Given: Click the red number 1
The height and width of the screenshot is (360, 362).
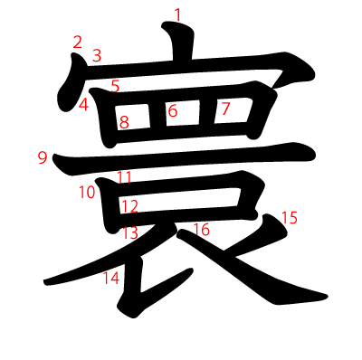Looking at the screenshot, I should click(177, 14).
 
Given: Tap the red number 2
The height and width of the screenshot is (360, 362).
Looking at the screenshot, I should click(77, 42).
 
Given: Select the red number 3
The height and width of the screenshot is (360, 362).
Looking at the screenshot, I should click(97, 56).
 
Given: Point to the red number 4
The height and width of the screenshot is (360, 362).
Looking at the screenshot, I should click(83, 105).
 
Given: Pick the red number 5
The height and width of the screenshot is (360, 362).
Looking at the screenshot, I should click(115, 86).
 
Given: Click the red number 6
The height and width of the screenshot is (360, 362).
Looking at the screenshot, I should click(172, 112).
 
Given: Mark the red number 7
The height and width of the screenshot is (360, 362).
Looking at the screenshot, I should click(226, 109).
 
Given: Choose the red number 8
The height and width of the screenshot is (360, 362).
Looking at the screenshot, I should click(124, 121).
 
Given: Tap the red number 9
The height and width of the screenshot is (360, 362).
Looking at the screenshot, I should click(43, 158).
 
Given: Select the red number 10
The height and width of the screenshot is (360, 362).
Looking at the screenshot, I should click(87, 192).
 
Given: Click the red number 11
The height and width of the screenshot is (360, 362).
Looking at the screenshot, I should click(124, 176).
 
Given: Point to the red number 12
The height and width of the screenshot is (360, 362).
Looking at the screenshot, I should click(129, 207).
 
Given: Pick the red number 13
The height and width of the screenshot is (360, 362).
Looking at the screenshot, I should click(130, 232).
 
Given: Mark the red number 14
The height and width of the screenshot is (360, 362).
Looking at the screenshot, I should click(110, 278).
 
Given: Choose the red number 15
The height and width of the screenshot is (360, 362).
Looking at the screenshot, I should click(290, 217).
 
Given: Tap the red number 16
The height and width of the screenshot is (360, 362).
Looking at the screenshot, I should click(201, 230).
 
